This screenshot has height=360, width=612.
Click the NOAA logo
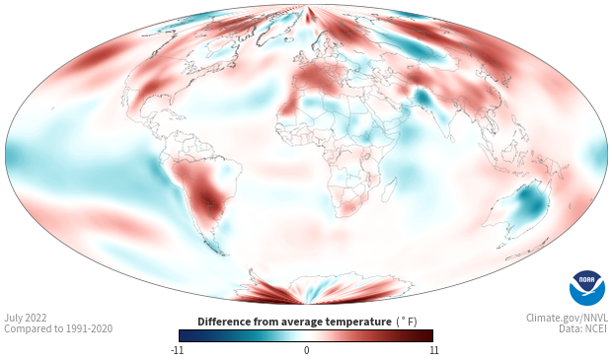pos(587,288)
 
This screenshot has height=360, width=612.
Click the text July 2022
pos(26,318)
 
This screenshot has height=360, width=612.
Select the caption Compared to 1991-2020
pos(58,328)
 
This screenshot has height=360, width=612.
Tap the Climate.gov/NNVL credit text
pos(567,318)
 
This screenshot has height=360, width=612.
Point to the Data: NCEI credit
pos(583,328)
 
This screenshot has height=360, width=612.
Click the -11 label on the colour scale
pos(178,350)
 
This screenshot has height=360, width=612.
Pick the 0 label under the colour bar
pos(306,350)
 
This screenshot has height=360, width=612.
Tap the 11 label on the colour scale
pos(434,350)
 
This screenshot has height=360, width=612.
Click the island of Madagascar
pos(390,189)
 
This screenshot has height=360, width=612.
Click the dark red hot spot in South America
pos(207,199)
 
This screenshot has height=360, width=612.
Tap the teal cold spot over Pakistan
pos(422,98)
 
